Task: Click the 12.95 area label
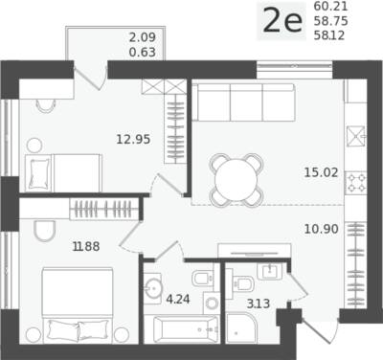click(x=133, y=139)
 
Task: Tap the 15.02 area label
click(x=321, y=172)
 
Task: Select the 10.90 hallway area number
click(x=321, y=229)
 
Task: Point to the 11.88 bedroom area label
click(x=86, y=246)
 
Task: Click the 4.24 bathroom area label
click(x=178, y=300)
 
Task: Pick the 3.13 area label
click(x=259, y=304)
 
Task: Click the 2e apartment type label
click(x=282, y=21)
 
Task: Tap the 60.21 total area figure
click(x=330, y=6)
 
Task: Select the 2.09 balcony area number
click(x=143, y=37)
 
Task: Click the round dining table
click(x=237, y=180)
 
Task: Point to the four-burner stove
click(x=355, y=183)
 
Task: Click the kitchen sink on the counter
click(x=356, y=136)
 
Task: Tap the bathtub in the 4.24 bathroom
click(x=186, y=329)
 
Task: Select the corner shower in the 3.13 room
click(x=241, y=327)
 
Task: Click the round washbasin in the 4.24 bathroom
click(x=153, y=288)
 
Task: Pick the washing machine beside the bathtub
click(x=212, y=304)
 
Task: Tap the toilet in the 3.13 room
click(x=241, y=283)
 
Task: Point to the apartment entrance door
click(x=319, y=333)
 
